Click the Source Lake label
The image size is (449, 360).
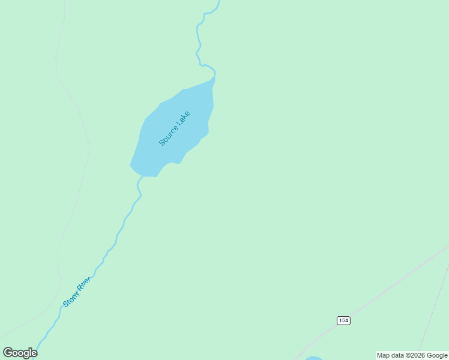tap(175, 128)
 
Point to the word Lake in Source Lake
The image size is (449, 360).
tap(183, 118)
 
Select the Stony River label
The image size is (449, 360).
tap(76, 292)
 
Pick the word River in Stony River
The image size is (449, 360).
tap(83, 284)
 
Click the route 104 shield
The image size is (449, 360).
tap(343, 320)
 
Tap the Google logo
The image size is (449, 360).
tap(20, 353)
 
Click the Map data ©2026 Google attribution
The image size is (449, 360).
tap(412, 355)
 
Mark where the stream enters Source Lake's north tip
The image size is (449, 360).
tap(214, 77)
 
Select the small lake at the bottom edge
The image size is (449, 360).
tap(313, 358)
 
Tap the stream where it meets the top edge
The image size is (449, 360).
tap(218, 2)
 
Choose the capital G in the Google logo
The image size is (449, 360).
tap(8, 353)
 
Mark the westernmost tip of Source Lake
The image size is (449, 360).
tap(130, 164)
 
